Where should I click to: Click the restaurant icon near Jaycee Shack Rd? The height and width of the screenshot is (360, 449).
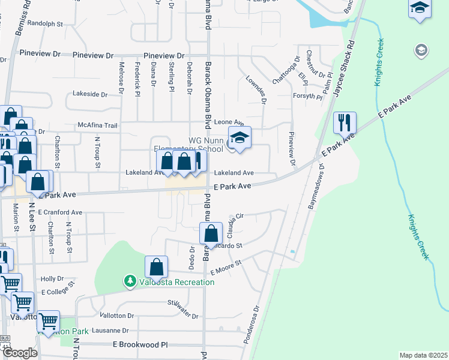click(x=345, y=123)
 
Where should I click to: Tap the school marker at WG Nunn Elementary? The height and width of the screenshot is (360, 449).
click(x=240, y=138)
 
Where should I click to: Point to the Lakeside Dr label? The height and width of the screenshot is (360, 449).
click(x=90, y=94)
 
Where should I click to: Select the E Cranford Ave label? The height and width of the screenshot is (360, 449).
click(x=60, y=212)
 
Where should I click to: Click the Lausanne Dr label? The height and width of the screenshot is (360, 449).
click(x=109, y=331)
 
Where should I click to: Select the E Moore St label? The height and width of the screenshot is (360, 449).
click(x=225, y=268)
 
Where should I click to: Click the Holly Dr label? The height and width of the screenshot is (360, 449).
click(x=52, y=279)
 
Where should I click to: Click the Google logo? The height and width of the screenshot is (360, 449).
click(x=20, y=353)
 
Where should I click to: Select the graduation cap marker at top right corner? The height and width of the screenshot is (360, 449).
click(x=420, y=9)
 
